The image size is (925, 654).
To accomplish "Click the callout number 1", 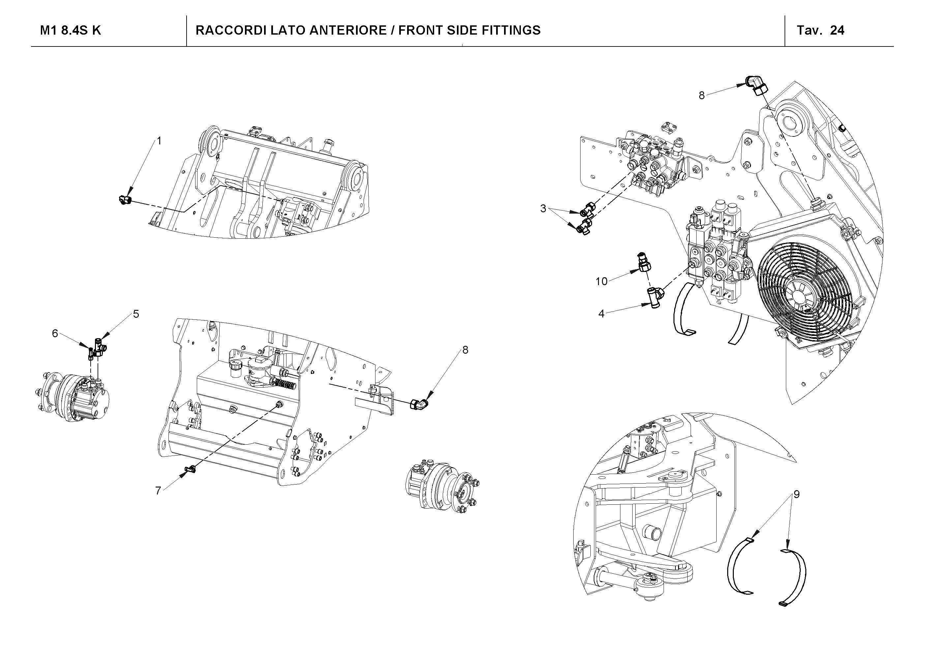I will tap(159, 141).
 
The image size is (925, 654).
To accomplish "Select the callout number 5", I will tap(136, 314).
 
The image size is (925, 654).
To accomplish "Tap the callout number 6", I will tap(55, 333).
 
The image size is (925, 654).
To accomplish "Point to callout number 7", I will tap(158, 490).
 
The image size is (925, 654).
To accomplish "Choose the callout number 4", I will tap(602, 313).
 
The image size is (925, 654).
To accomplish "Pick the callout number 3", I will tap(543, 209).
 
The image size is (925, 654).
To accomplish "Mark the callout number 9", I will tap(796, 494).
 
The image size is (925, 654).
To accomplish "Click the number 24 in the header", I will tap(837, 31).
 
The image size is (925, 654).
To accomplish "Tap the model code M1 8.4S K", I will tap(71, 31).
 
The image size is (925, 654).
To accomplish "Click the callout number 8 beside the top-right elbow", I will tap(702, 96).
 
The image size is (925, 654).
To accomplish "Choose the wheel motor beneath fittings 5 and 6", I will tap(75, 397).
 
